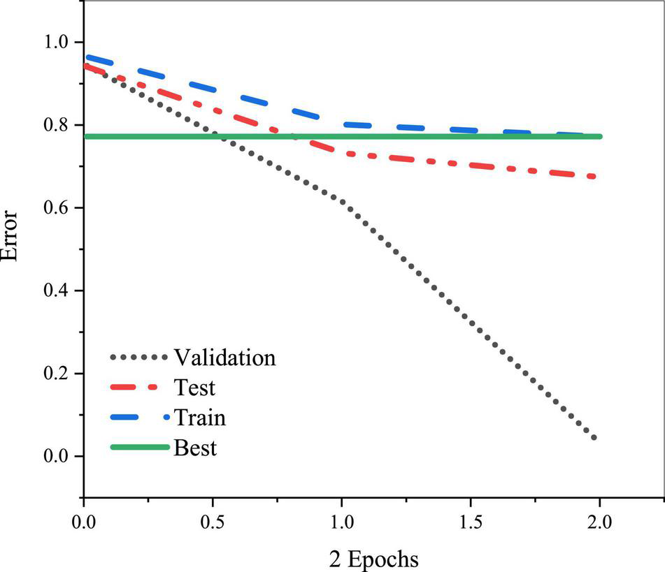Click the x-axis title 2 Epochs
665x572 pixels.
374,559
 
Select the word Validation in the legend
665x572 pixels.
224,358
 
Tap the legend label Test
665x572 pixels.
194,387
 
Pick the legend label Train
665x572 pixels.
199,418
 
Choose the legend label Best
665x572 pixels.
195,447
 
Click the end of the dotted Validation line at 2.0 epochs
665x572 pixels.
594,438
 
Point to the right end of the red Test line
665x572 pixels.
594,176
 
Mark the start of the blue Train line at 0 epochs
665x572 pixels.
87,57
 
